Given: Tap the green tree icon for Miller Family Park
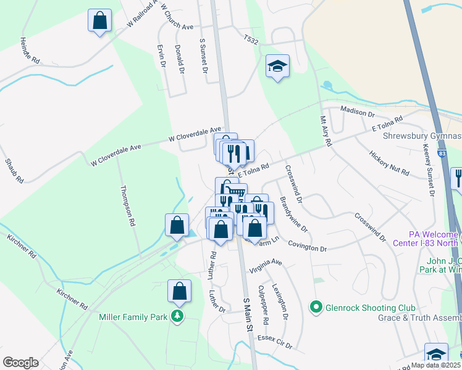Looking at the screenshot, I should point(178,317).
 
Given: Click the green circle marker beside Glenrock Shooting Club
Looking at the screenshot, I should point(316,306).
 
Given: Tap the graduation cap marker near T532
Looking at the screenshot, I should point(277,65).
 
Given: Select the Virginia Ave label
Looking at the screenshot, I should point(266,266).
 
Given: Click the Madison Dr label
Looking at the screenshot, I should point(358,113).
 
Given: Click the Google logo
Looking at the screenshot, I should point(20,362).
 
